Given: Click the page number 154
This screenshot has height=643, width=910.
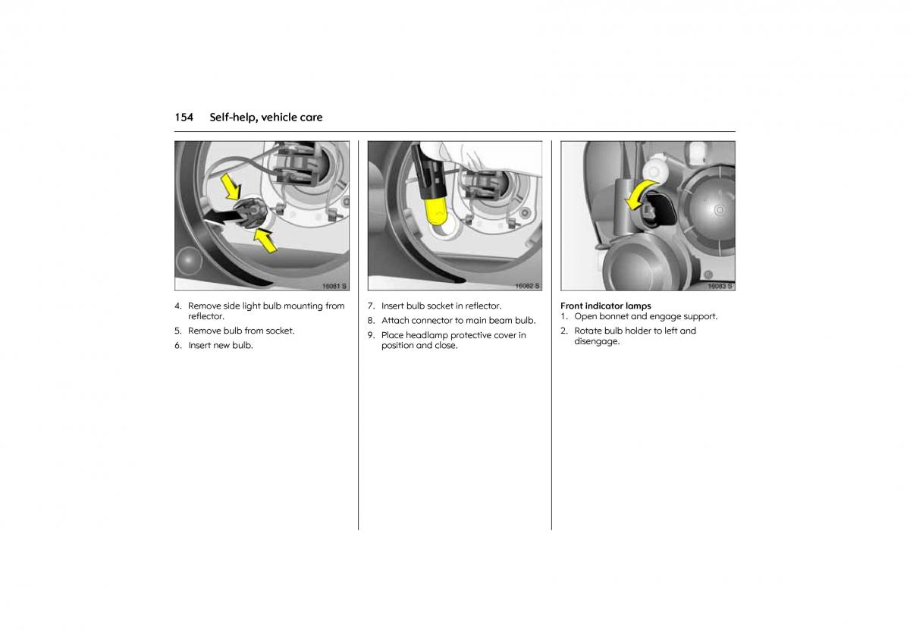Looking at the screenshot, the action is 184,118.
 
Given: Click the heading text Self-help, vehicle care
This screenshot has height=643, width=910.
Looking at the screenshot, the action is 266,118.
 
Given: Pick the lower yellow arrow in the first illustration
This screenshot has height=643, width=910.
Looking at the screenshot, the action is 265,240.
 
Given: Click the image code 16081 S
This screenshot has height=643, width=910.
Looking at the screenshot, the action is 334,286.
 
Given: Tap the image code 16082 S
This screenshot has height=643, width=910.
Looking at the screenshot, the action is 527,286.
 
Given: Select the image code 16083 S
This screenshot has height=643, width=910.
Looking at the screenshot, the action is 720,286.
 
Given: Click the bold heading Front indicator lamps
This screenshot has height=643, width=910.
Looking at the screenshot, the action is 606,306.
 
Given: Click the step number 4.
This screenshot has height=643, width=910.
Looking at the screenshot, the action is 177,306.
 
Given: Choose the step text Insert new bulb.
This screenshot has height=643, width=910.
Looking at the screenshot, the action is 221,345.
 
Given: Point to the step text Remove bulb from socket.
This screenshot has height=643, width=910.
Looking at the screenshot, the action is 241,331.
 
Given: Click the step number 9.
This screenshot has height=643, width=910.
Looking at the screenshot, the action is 371,335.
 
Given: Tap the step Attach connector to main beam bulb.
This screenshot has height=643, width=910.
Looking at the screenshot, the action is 459,321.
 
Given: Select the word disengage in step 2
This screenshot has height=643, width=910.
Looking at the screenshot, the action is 596,342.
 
